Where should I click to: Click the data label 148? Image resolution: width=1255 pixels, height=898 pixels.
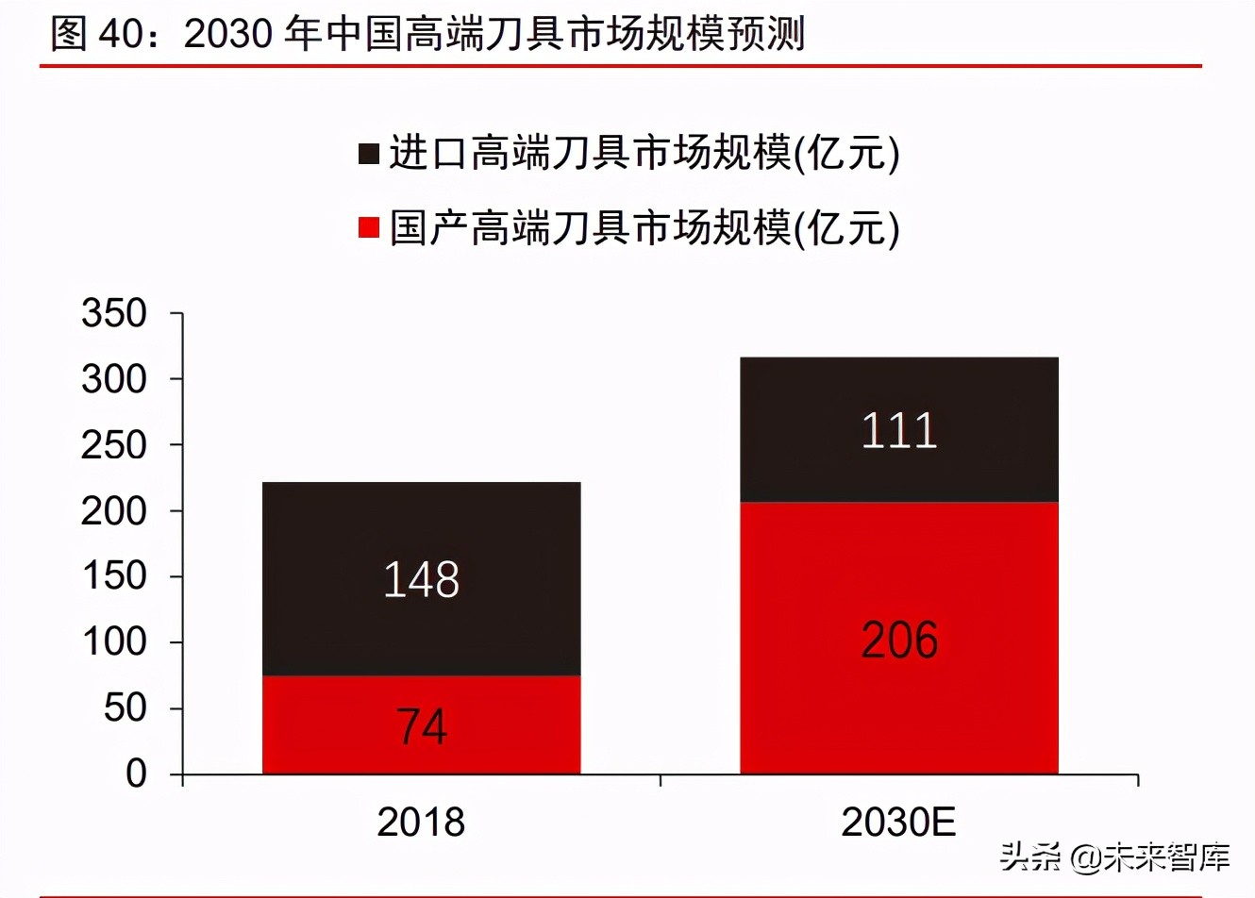pyautogui.click(x=421, y=579)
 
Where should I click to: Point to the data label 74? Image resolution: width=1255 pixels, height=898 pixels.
pyautogui.click(x=421, y=726)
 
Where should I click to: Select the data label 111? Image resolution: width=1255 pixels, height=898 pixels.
pyautogui.click(x=899, y=431)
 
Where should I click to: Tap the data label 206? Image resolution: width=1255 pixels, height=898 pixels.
pyautogui.click(x=899, y=640)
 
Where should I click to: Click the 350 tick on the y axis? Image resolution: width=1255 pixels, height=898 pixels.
pyautogui.click(x=114, y=313)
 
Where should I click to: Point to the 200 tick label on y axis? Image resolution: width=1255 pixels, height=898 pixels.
pyautogui.click(x=114, y=510)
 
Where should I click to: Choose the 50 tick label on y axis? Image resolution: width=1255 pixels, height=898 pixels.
pyautogui.click(x=125, y=707)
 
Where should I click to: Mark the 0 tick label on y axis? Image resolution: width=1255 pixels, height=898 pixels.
pyautogui.click(x=137, y=773)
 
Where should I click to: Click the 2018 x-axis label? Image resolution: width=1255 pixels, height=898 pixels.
pyautogui.click(x=421, y=823)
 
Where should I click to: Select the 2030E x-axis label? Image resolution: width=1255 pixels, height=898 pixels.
pyautogui.click(x=898, y=823)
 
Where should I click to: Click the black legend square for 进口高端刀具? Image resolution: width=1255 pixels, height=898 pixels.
pyautogui.click(x=369, y=154)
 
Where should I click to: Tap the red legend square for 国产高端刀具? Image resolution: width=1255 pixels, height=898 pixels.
pyautogui.click(x=369, y=227)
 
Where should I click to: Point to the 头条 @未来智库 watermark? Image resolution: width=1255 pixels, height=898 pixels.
pyautogui.click(x=1114, y=856)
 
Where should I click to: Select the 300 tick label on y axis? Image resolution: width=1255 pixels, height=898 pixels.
pyautogui.click(x=114, y=379)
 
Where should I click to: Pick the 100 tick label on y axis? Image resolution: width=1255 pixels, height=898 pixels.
pyautogui.click(x=114, y=641)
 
